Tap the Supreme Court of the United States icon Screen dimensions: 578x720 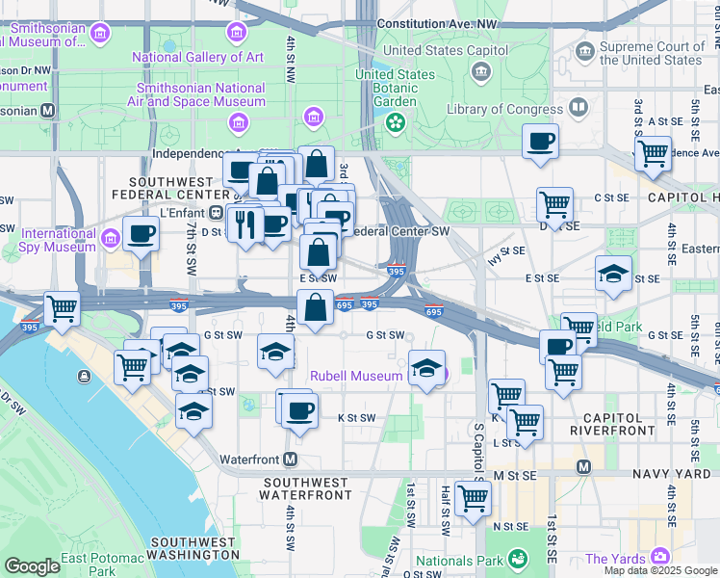click(585, 50)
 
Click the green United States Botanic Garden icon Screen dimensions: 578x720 click(395, 122)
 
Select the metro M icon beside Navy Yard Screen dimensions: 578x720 click(582, 466)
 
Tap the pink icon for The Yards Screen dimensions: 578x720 click(659, 556)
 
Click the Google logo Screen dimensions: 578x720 click(32, 566)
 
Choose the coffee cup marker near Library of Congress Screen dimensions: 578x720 click(541, 142)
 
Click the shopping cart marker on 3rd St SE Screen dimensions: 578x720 click(653, 152)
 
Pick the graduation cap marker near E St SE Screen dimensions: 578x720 click(613, 274)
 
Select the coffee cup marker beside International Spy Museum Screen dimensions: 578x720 click(141, 233)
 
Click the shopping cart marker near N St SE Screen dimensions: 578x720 click(473, 498)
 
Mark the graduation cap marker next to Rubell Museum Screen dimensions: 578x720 click(426, 368)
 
